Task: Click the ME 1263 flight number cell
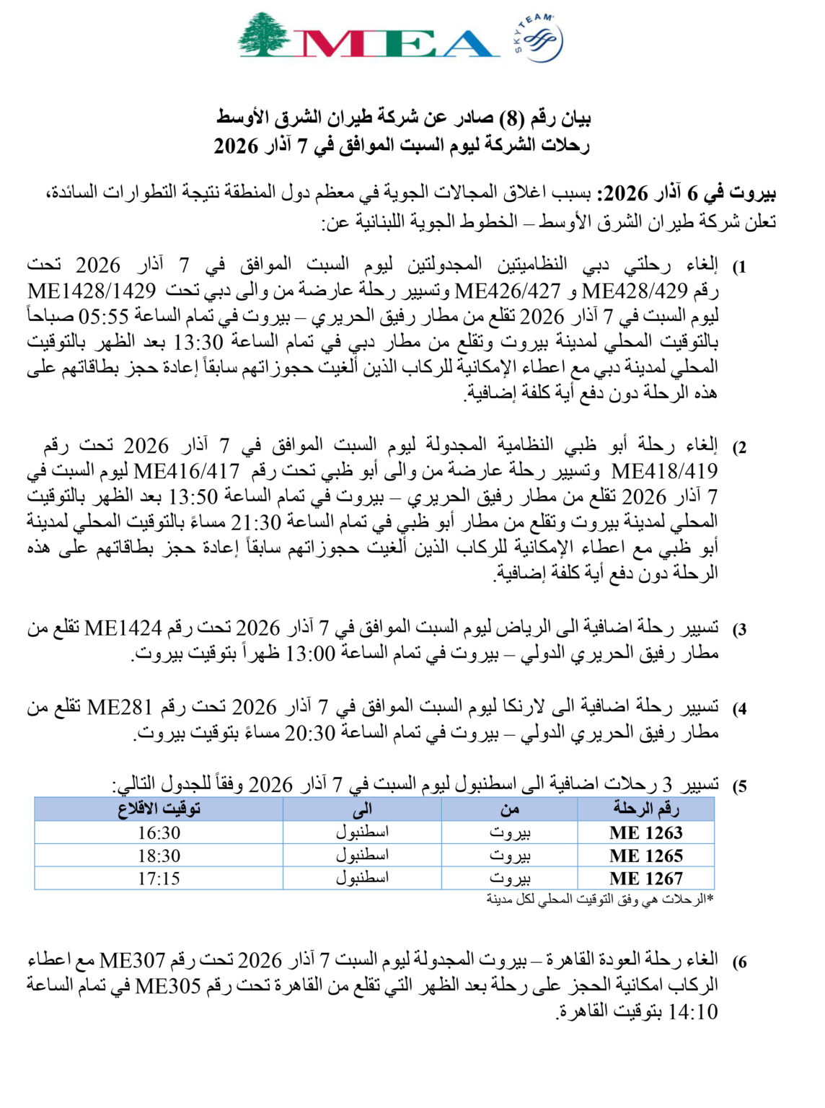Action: coord(645,832)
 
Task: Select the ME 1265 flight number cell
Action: coord(645,856)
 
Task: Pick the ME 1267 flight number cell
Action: coord(645,879)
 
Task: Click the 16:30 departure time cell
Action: coord(159,833)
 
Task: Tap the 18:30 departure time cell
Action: coord(159,856)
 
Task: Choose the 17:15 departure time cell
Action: coord(159,879)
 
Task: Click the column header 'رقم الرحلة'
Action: coord(645,809)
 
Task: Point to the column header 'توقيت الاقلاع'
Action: coord(159,809)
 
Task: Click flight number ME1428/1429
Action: coord(92,291)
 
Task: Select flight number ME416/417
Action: coord(187,472)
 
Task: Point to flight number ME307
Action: coord(133,961)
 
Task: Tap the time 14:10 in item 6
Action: coord(694,1012)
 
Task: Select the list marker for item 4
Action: coord(740,709)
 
